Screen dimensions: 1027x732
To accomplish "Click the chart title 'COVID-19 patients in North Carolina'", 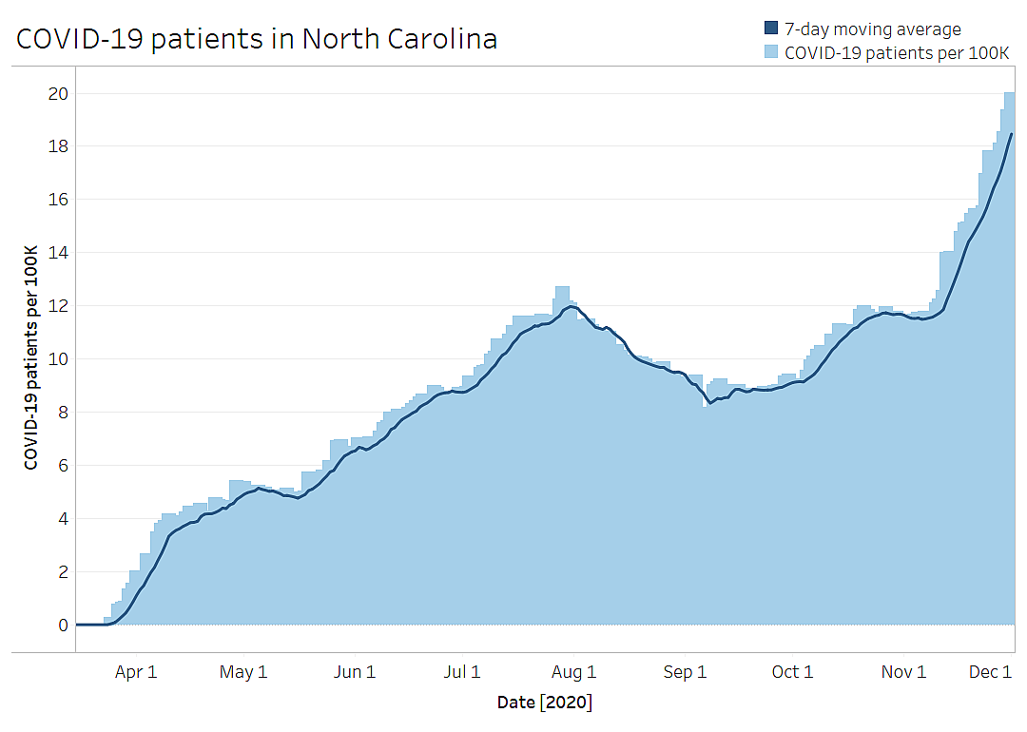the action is (x=257, y=39).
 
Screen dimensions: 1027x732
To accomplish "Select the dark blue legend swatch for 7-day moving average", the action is (x=771, y=29).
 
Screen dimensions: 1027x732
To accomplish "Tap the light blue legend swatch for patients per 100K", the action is (x=771, y=51).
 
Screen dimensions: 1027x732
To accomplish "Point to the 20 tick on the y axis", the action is (x=58, y=93).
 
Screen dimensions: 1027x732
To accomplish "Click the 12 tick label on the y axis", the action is (x=58, y=306).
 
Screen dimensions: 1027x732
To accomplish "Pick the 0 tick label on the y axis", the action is (x=63, y=626).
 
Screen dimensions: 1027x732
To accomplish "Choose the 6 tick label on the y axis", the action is (x=63, y=466).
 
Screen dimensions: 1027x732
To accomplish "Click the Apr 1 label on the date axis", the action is (x=136, y=672).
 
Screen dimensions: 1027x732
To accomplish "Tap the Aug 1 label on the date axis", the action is (x=573, y=672).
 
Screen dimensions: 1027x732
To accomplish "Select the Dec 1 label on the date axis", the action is (x=990, y=672).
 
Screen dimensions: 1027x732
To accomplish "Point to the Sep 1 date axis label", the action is (x=685, y=672).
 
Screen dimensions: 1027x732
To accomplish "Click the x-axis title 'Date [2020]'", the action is (x=545, y=703).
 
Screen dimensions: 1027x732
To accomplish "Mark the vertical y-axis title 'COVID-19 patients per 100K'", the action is (x=30, y=357).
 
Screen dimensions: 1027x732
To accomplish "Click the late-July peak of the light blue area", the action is (x=562, y=287).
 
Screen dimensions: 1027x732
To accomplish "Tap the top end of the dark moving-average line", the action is (x=1012, y=134).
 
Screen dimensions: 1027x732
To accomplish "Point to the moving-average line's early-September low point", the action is (x=710, y=403).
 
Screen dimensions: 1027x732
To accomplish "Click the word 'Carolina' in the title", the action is (x=442, y=39).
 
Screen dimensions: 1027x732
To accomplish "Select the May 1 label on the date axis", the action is (x=243, y=672).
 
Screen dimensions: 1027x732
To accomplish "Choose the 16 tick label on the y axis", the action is (x=58, y=200).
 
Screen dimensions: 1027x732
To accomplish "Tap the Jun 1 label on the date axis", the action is (x=355, y=672).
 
